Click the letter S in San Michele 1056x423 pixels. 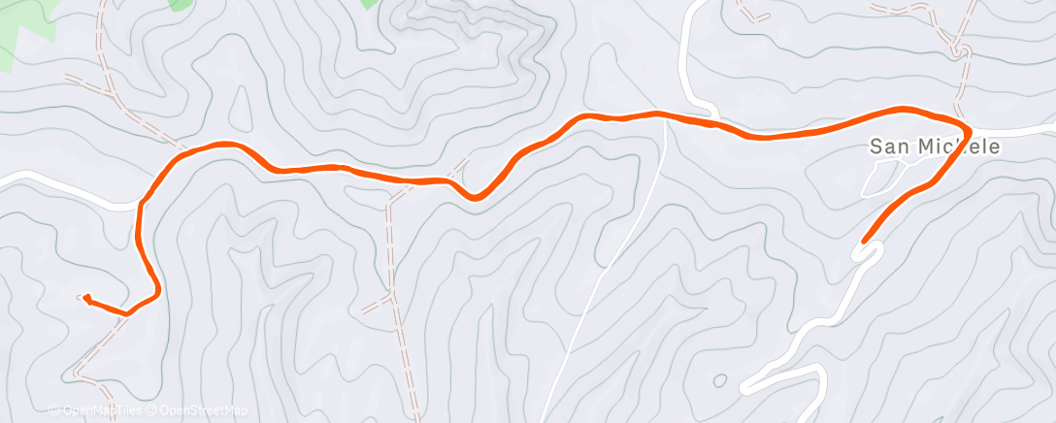point(875,147)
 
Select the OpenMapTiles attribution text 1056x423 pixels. point(100,411)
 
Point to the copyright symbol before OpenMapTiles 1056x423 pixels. point(53,411)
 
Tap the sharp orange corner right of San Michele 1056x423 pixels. point(969,127)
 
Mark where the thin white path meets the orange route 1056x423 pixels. point(664,117)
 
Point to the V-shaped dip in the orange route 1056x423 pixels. point(475,197)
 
